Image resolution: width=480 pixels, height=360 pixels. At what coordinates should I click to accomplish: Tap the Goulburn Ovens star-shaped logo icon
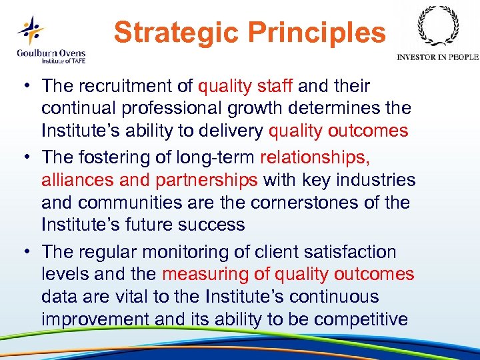[x=31, y=29]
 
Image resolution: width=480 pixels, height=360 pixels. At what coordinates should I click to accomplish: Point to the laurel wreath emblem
[x=437, y=26]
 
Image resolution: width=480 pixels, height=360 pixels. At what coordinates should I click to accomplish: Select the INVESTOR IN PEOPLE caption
[x=437, y=57]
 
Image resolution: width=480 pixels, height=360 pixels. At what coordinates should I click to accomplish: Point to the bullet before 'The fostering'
[x=29, y=158]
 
